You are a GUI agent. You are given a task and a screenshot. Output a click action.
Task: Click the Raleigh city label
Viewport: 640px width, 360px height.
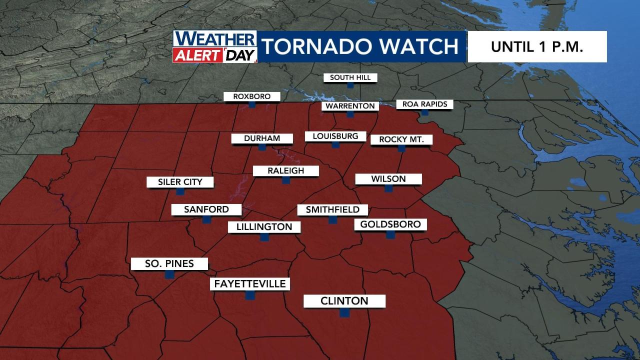(x=285, y=171)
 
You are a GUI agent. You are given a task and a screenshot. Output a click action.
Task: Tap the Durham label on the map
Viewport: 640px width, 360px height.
(x=261, y=138)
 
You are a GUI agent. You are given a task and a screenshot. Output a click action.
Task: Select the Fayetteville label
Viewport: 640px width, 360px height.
(x=250, y=284)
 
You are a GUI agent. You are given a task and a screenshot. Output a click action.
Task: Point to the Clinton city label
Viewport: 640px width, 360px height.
(x=344, y=301)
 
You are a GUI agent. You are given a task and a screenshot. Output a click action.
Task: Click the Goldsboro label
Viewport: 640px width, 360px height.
(x=390, y=224)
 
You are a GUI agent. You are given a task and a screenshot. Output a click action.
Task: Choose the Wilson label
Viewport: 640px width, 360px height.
(x=388, y=179)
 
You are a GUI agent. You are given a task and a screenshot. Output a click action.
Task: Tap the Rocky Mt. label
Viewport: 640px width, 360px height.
(x=401, y=139)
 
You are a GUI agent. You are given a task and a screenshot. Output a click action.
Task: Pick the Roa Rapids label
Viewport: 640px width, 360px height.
(x=424, y=104)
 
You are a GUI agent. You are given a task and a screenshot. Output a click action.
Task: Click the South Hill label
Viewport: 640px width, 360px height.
(x=350, y=77)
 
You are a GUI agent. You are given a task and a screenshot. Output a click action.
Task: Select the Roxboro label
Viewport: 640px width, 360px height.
(x=252, y=96)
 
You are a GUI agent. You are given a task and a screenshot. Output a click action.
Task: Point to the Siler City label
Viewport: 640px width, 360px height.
(x=180, y=182)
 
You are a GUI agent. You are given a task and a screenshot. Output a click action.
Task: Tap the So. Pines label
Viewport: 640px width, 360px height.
(x=169, y=263)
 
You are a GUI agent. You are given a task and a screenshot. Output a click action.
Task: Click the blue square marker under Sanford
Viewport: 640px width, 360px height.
(x=206, y=219)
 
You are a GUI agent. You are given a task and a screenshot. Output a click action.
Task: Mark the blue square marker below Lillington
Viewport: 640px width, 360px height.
(x=264, y=237)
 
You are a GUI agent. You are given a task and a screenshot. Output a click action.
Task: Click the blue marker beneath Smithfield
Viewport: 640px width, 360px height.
(x=332, y=219)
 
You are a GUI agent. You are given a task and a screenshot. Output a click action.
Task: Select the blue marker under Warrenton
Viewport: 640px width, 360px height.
(x=350, y=114)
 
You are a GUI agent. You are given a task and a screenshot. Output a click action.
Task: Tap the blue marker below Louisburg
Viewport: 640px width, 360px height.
(x=335, y=144)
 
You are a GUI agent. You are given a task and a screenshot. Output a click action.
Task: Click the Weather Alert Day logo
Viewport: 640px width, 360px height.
(x=214, y=47)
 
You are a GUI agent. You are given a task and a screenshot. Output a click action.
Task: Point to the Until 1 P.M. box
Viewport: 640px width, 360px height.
(x=537, y=47)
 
